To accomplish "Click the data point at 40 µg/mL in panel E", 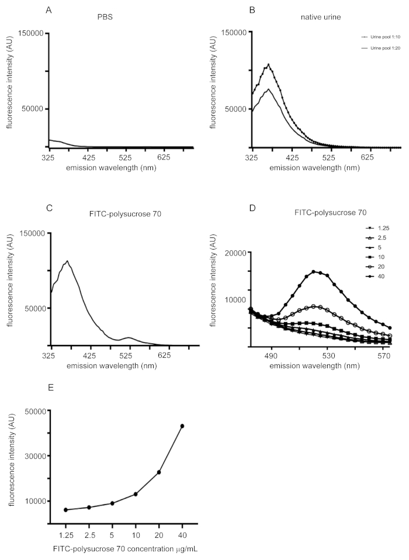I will coord(182,426).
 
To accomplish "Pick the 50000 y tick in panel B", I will coord(235,109).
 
